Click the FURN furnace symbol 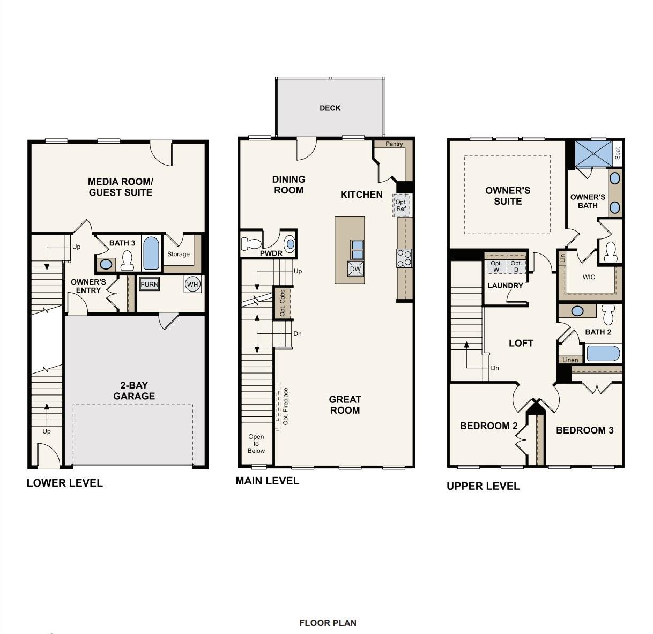(150, 285)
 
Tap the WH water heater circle (192, 285)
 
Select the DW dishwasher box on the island (355, 268)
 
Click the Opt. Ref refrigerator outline (402, 205)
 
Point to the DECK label (330, 108)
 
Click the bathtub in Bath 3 (151, 253)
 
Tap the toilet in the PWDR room (251, 243)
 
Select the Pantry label (394, 144)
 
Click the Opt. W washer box (496, 266)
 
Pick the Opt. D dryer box (516, 266)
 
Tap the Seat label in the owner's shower (618, 153)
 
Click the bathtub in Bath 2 (603, 353)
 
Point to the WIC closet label (589, 277)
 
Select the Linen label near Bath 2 (570, 360)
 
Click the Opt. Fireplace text (286, 406)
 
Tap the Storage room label (178, 254)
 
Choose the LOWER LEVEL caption (65, 483)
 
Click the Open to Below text (256, 443)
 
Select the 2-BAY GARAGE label (134, 391)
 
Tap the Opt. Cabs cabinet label (282, 303)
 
